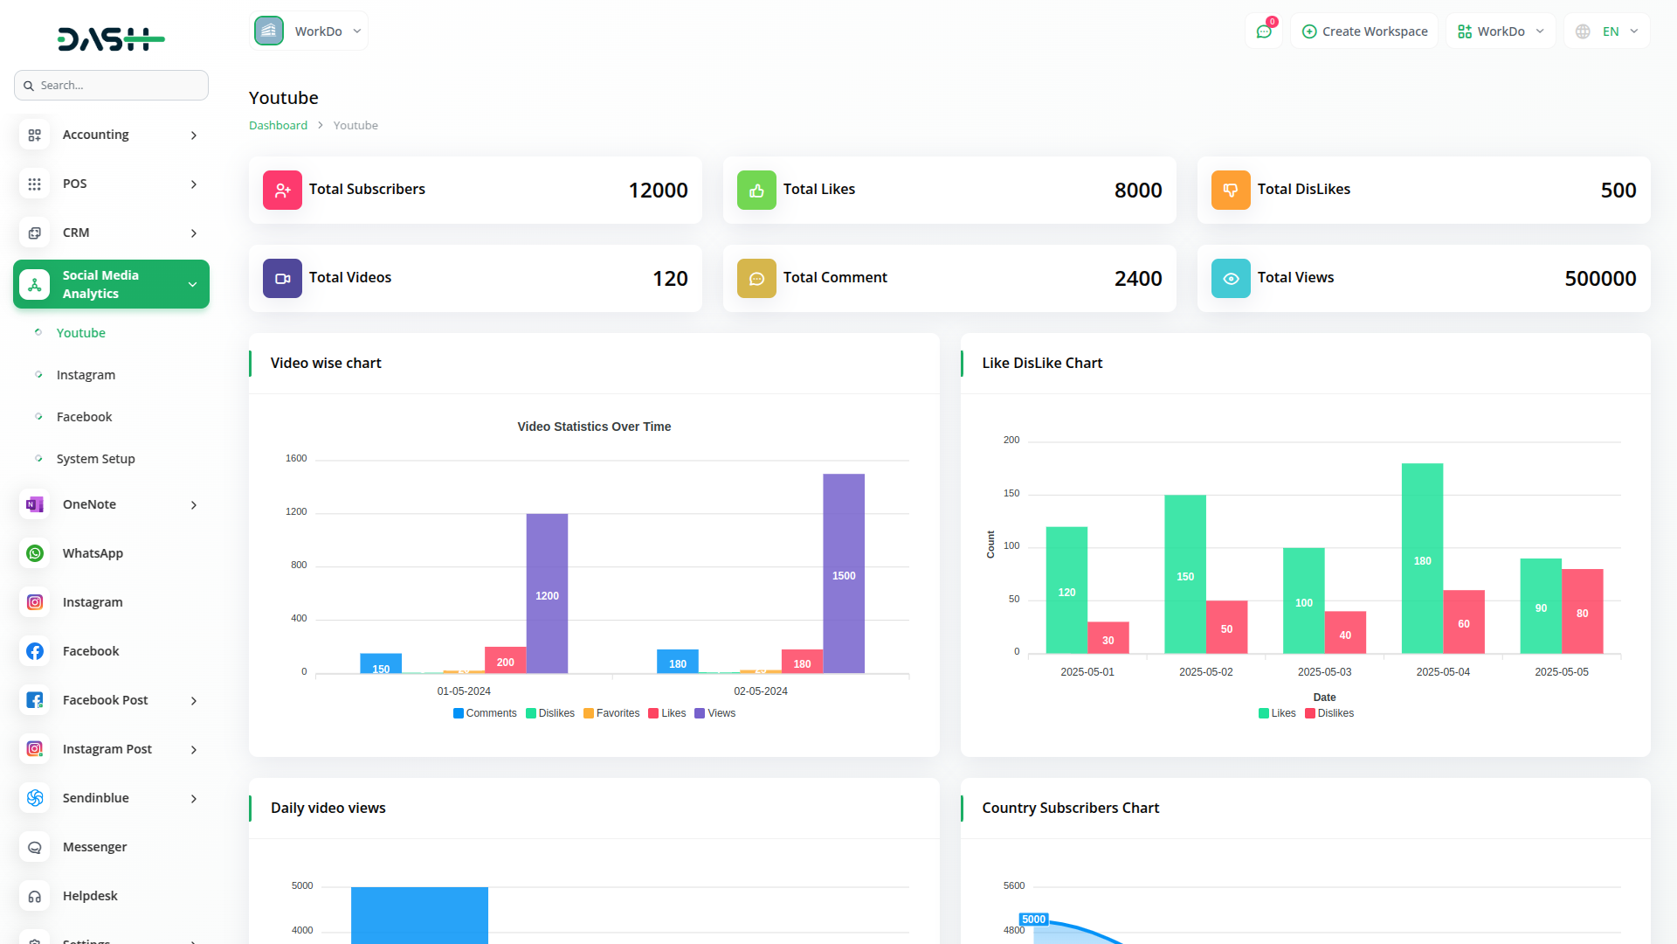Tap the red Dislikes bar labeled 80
coord(1582,611)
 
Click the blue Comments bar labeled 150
coord(381,663)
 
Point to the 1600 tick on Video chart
coord(296,458)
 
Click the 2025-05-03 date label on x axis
coord(1324,672)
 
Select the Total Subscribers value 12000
coord(658,191)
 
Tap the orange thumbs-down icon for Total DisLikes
coord(1230,190)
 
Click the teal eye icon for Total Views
coord(1230,278)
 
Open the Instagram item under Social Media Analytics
coord(86,375)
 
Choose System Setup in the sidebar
coord(95,459)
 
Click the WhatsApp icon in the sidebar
coord(35,553)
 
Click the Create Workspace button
coord(1364,31)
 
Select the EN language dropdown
coord(1607,31)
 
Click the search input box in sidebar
coord(112,86)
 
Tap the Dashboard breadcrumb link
coord(278,126)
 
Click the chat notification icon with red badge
coord(1264,31)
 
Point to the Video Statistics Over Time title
coord(594,427)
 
